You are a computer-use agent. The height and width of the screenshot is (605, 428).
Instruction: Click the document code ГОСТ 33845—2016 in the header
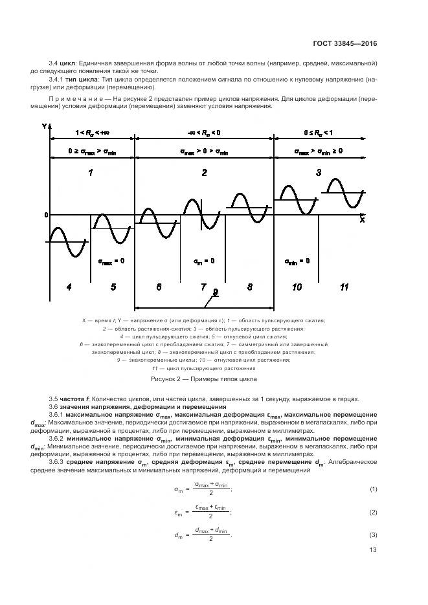(x=345, y=44)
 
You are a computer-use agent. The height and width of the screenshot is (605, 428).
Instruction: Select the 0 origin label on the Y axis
(x=46, y=214)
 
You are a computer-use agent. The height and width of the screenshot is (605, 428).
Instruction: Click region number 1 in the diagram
(x=91, y=173)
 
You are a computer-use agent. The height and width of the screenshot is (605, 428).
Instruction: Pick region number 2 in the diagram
(x=205, y=173)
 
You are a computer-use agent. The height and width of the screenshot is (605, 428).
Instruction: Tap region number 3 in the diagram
(x=318, y=172)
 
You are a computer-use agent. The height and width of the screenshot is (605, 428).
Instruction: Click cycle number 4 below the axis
(x=68, y=287)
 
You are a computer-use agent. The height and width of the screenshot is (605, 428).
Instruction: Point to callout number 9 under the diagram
(x=216, y=292)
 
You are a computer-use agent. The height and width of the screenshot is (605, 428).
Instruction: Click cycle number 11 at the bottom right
(x=344, y=287)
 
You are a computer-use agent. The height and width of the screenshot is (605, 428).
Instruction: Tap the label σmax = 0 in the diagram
(x=111, y=261)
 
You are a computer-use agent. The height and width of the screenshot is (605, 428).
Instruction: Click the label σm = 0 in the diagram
(x=204, y=261)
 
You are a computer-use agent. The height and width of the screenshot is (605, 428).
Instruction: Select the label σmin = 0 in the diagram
(x=297, y=261)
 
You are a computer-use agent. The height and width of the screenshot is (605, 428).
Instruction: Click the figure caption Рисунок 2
(x=203, y=379)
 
